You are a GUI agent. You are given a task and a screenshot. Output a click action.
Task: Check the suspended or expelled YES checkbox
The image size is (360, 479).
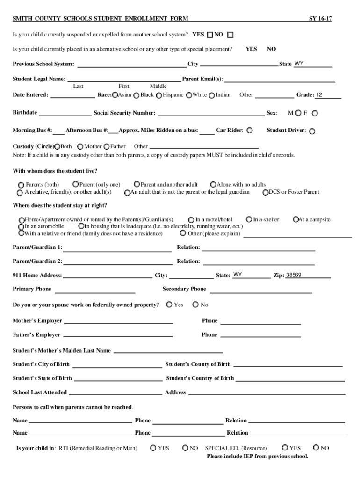(210, 35)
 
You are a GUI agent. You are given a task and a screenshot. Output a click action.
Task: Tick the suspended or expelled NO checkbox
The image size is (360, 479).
(230, 35)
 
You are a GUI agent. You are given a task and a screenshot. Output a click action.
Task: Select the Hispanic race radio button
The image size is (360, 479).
(158, 95)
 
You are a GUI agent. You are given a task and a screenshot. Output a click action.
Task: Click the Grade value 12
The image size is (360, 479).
(319, 95)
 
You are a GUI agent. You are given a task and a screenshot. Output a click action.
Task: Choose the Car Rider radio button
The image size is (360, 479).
(250, 130)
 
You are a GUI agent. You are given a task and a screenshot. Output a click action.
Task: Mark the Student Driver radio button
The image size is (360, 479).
(312, 131)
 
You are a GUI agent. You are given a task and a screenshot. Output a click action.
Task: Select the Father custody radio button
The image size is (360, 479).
(107, 146)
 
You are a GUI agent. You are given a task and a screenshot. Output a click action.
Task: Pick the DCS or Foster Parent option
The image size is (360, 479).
(265, 192)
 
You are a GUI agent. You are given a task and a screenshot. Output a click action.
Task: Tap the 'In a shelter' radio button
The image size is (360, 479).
(249, 219)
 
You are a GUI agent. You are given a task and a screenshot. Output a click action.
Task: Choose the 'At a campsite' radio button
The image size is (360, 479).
(295, 219)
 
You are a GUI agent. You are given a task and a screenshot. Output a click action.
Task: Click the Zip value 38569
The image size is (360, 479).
(294, 275)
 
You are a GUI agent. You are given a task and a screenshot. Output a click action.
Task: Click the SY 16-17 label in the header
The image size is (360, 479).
(320, 19)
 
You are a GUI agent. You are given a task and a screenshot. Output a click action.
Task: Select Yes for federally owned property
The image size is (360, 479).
(169, 305)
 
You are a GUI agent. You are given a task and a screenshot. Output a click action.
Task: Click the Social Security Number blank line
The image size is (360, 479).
(210, 114)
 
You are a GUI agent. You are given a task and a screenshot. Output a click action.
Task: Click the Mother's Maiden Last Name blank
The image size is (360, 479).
(168, 351)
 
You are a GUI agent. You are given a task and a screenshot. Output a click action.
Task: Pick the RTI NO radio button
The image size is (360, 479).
(185, 448)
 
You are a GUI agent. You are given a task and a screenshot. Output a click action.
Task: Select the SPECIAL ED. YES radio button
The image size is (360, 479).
(285, 448)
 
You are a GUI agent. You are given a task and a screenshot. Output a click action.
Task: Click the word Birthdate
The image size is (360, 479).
(25, 113)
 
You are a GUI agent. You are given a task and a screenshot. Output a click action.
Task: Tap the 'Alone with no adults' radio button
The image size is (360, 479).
(213, 185)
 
